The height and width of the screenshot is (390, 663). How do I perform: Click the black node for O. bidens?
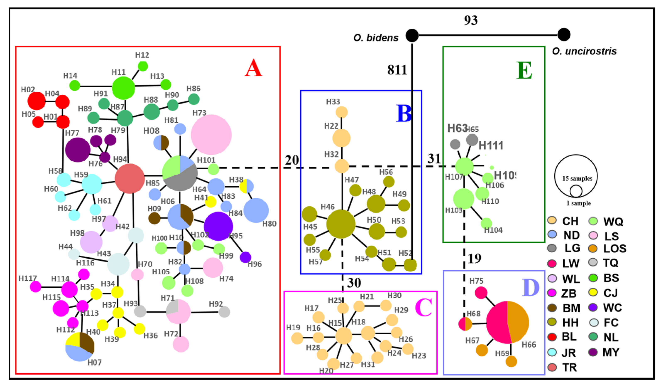[x=412, y=35]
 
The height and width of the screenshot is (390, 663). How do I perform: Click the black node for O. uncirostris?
[x=564, y=34]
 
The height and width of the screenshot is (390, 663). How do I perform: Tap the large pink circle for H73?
[x=211, y=134]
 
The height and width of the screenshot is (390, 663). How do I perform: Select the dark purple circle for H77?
[x=78, y=150]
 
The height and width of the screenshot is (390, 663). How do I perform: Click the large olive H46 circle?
[x=341, y=224]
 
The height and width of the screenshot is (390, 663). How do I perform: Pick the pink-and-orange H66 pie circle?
[x=507, y=322]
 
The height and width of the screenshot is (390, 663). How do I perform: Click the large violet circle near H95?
[x=218, y=226]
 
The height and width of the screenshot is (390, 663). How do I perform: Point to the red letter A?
[x=253, y=68]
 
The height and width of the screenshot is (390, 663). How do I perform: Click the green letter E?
[x=524, y=70]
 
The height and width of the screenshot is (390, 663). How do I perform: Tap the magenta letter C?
[x=423, y=308]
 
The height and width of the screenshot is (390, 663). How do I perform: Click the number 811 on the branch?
[x=397, y=70]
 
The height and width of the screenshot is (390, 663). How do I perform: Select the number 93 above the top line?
[x=471, y=20]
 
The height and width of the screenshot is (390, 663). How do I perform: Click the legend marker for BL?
[x=552, y=337]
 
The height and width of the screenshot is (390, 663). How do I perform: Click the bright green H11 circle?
[x=123, y=88]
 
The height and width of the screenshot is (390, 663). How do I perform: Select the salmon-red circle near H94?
[x=130, y=178]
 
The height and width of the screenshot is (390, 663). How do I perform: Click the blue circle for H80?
[x=256, y=210]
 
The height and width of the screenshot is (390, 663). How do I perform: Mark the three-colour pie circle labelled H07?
[x=80, y=347]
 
